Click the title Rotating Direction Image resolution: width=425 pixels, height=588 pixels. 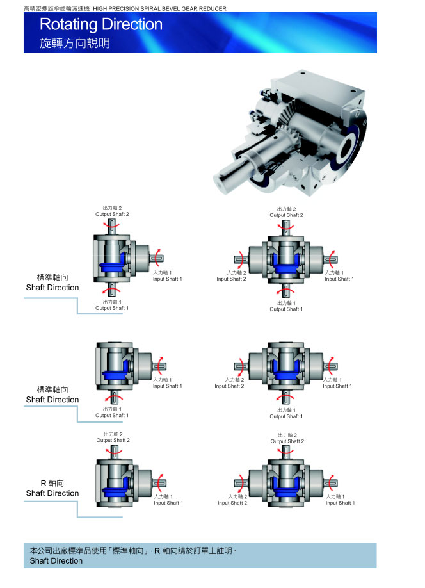pyautogui.click(x=100, y=25)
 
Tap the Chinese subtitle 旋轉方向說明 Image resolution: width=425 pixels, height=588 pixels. pyautogui.click(x=75, y=44)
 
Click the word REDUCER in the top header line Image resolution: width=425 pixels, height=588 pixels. pyautogui.click(x=209, y=9)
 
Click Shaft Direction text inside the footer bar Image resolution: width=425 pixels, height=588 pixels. pyautogui.click(x=56, y=561)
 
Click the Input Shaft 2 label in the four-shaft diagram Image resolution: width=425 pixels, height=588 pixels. pyautogui.click(x=231, y=279)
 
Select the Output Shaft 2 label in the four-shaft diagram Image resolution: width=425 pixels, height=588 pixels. pyautogui.click(x=286, y=215)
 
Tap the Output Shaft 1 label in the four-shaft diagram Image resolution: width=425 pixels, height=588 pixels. pyautogui.click(x=286, y=309)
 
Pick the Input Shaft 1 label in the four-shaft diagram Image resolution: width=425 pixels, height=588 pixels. pyautogui.click(x=339, y=279)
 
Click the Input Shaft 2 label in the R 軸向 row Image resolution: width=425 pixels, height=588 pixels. pyautogui.click(x=232, y=503)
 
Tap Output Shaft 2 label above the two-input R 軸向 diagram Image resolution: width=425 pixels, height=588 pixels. pyautogui.click(x=287, y=441)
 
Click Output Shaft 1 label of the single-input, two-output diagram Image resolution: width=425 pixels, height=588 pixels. pyautogui.click(x=112, y=308)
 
